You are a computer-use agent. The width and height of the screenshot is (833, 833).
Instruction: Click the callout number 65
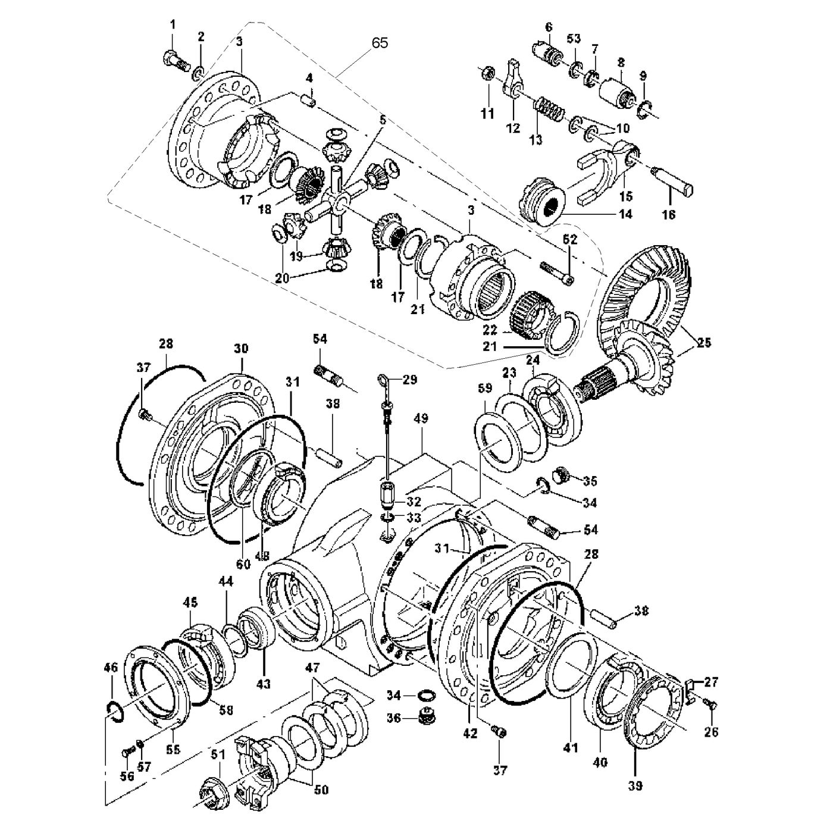point(380,43)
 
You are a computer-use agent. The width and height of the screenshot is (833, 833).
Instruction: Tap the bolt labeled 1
point(173,59)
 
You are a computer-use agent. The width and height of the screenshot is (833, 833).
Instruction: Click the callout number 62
point(570,240)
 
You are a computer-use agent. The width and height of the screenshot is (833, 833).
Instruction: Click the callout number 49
point(421,419)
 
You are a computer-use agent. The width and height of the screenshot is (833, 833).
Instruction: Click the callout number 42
point(470,734)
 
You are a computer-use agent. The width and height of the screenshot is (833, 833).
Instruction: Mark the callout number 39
point(635,786)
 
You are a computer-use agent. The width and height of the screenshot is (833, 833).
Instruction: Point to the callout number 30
point(241,349)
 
